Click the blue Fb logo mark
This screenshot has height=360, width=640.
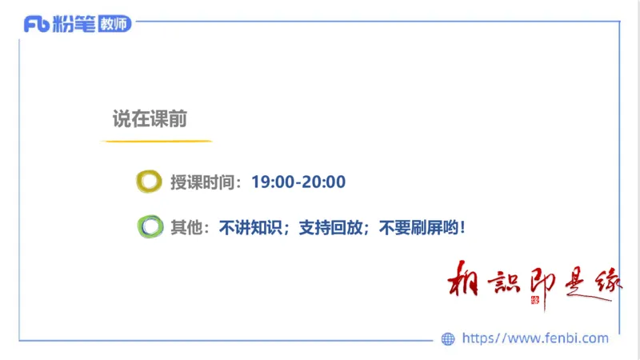37,24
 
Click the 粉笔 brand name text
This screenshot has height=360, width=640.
74,24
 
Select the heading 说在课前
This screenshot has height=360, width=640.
150,119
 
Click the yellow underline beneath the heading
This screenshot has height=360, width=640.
156,142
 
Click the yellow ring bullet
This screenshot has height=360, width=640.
149,182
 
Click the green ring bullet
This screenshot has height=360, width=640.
149,227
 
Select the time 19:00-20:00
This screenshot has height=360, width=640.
298,182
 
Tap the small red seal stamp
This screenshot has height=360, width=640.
536,300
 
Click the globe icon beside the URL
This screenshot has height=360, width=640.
448,338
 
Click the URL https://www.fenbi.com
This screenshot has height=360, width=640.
535,338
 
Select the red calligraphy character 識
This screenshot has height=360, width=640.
502,282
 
